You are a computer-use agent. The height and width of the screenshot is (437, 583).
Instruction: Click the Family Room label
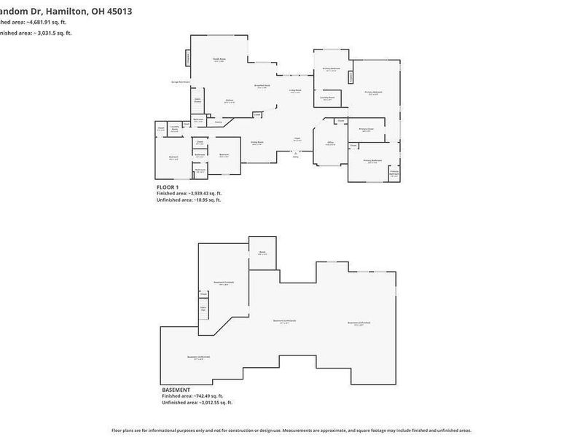(x=218, y=59)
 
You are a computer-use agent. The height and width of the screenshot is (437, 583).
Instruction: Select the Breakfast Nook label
(x=262, y=85)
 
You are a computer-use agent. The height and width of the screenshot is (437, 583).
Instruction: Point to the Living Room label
(x=295, y=90)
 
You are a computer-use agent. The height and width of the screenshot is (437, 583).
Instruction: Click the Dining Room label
(x=257, y=142)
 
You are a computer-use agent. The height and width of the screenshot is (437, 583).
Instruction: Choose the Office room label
(x=330, y=142)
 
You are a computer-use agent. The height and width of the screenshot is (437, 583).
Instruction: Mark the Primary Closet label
(x=367, y=130)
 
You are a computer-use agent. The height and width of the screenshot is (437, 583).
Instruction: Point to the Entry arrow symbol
(x=295, y=154)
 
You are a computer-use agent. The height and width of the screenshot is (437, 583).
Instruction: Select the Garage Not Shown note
(x=180, y=82)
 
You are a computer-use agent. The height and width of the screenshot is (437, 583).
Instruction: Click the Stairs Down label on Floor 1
(x=197, y=101)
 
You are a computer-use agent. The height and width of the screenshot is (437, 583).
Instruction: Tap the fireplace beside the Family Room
(x=187, y=58)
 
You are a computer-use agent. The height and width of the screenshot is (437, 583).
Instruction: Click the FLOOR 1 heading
(x=168, y=187)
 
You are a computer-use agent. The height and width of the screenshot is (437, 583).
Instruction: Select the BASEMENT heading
(x=176, y=390)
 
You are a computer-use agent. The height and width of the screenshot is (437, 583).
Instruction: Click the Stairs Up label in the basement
(x=204, y=309)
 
